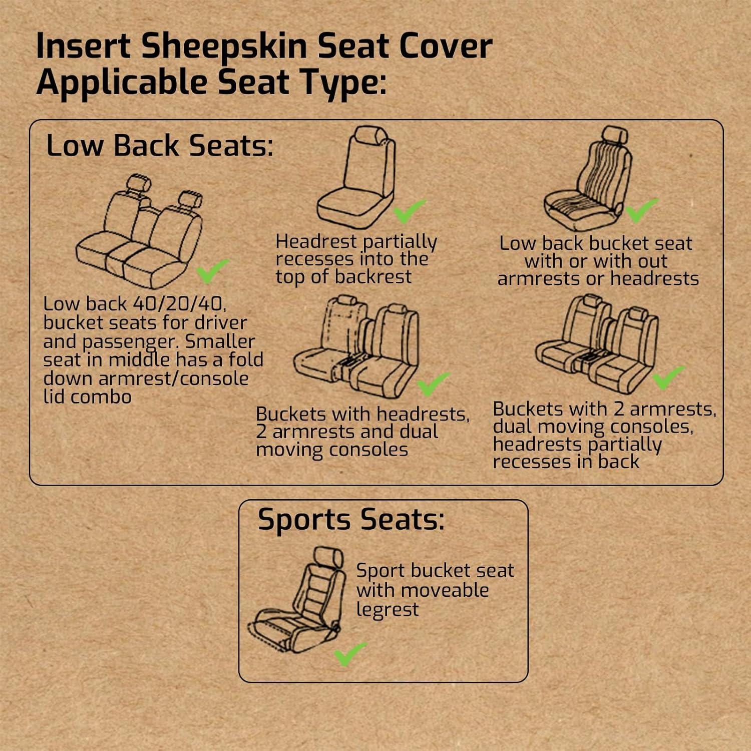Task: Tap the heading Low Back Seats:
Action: pos(160,146)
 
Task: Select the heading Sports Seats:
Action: pos(351,519)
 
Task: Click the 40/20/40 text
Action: pos(179,303)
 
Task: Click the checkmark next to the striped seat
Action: pos(641,210)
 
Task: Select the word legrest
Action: pos(387,610)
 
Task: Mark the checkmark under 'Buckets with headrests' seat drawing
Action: pos(433,384)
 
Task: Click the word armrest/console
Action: pos(173,379)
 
